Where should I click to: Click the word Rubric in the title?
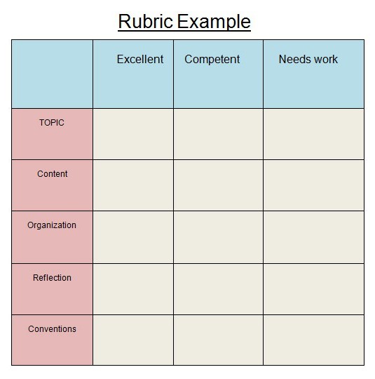pyautogui.click(x=146, y=21)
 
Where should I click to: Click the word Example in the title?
pyautogui.click(x=214, y=22)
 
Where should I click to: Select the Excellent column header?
pyautogui.click(x=140, y=59)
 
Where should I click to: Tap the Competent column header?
pyautogui.click(x=212, y=60)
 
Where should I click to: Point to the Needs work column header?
pyautogui.click(x=308, y=59)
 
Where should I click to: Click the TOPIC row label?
pyautogui.click(x=52, y=123)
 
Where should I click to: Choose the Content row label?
pyautogui.click(x=53, y=174)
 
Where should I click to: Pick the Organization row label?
pyautogui.click(x=52, y=225)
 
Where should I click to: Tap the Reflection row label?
pyautogui.click(x=52, y=278)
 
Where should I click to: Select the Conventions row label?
pyautogui.click(x=52, y=329)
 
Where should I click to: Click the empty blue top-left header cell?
pyautogui.click(x=52, y=74)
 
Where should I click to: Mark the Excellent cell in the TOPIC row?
pyautogui.click(x=133, y=134)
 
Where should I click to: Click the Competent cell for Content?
pyautogui.click(x=218, y=185)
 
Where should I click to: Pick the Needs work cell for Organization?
pyautogui.click(x=313, y=237)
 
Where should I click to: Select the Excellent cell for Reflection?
pyautogui.click(x=133, y=289)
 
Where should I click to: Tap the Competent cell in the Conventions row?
pyautogui.click(x=218, y=340)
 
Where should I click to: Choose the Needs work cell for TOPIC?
pyautogui.click(x=313, y=134)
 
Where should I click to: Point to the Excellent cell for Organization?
pyautogui.click(x=133, y=237)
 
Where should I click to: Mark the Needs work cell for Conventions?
pyautogui.click(x=313, y=340)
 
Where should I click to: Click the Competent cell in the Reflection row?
pyautogui.click(x=218, y=289)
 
